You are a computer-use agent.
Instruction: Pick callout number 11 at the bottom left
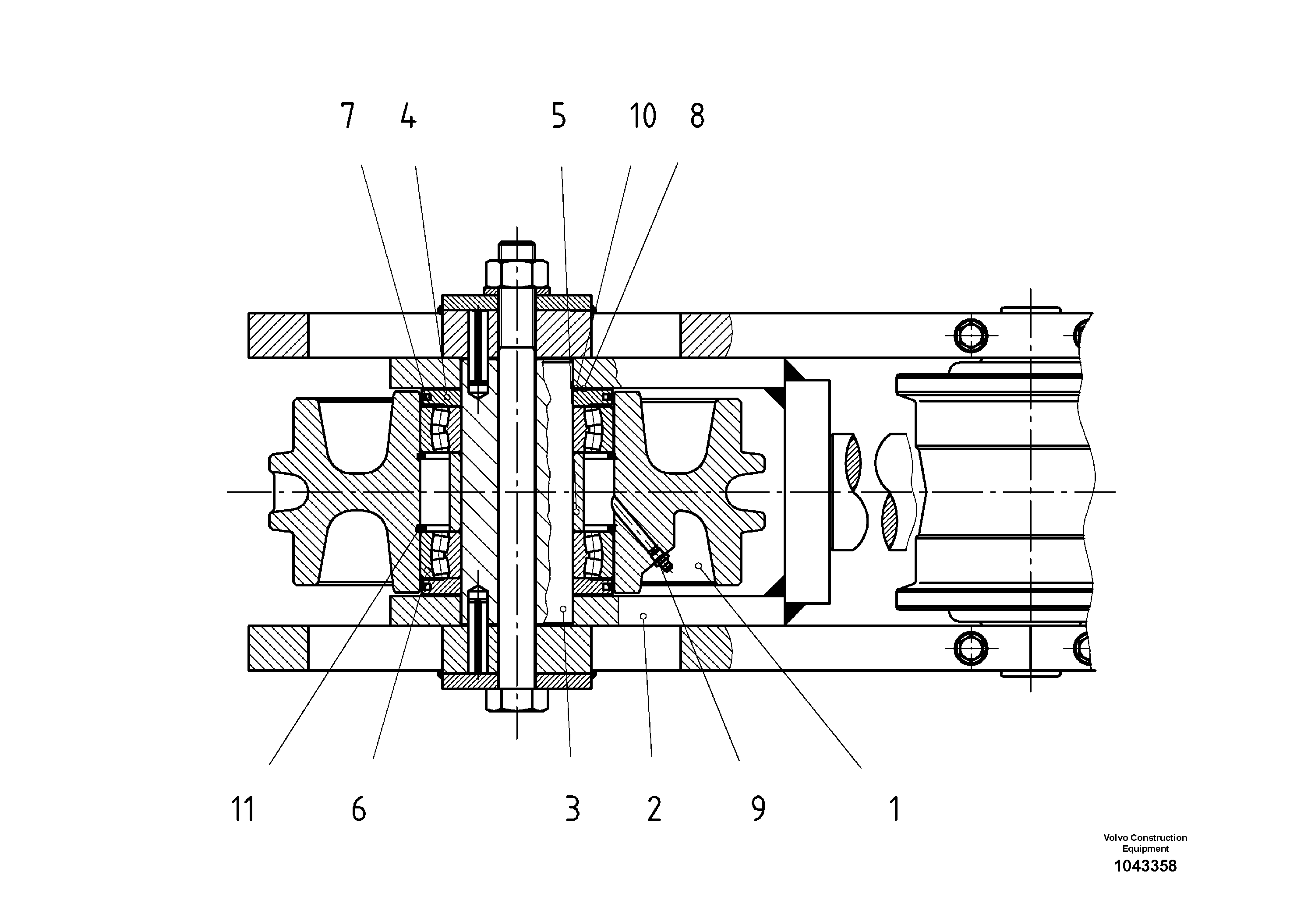(243, 809)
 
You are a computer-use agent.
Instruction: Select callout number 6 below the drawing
(359, 809)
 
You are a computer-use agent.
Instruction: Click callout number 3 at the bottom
(572, 809)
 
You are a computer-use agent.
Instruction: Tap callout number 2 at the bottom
(654, 809)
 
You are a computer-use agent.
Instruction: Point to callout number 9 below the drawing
(758, 809)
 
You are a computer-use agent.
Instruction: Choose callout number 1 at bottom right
(894, 809)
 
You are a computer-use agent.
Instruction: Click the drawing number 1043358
(1145, 866)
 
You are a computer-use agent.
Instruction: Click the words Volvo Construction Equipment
(1145, 843)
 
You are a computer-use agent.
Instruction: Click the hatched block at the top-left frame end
(278, 335)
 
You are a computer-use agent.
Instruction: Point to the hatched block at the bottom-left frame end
(278, 648)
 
